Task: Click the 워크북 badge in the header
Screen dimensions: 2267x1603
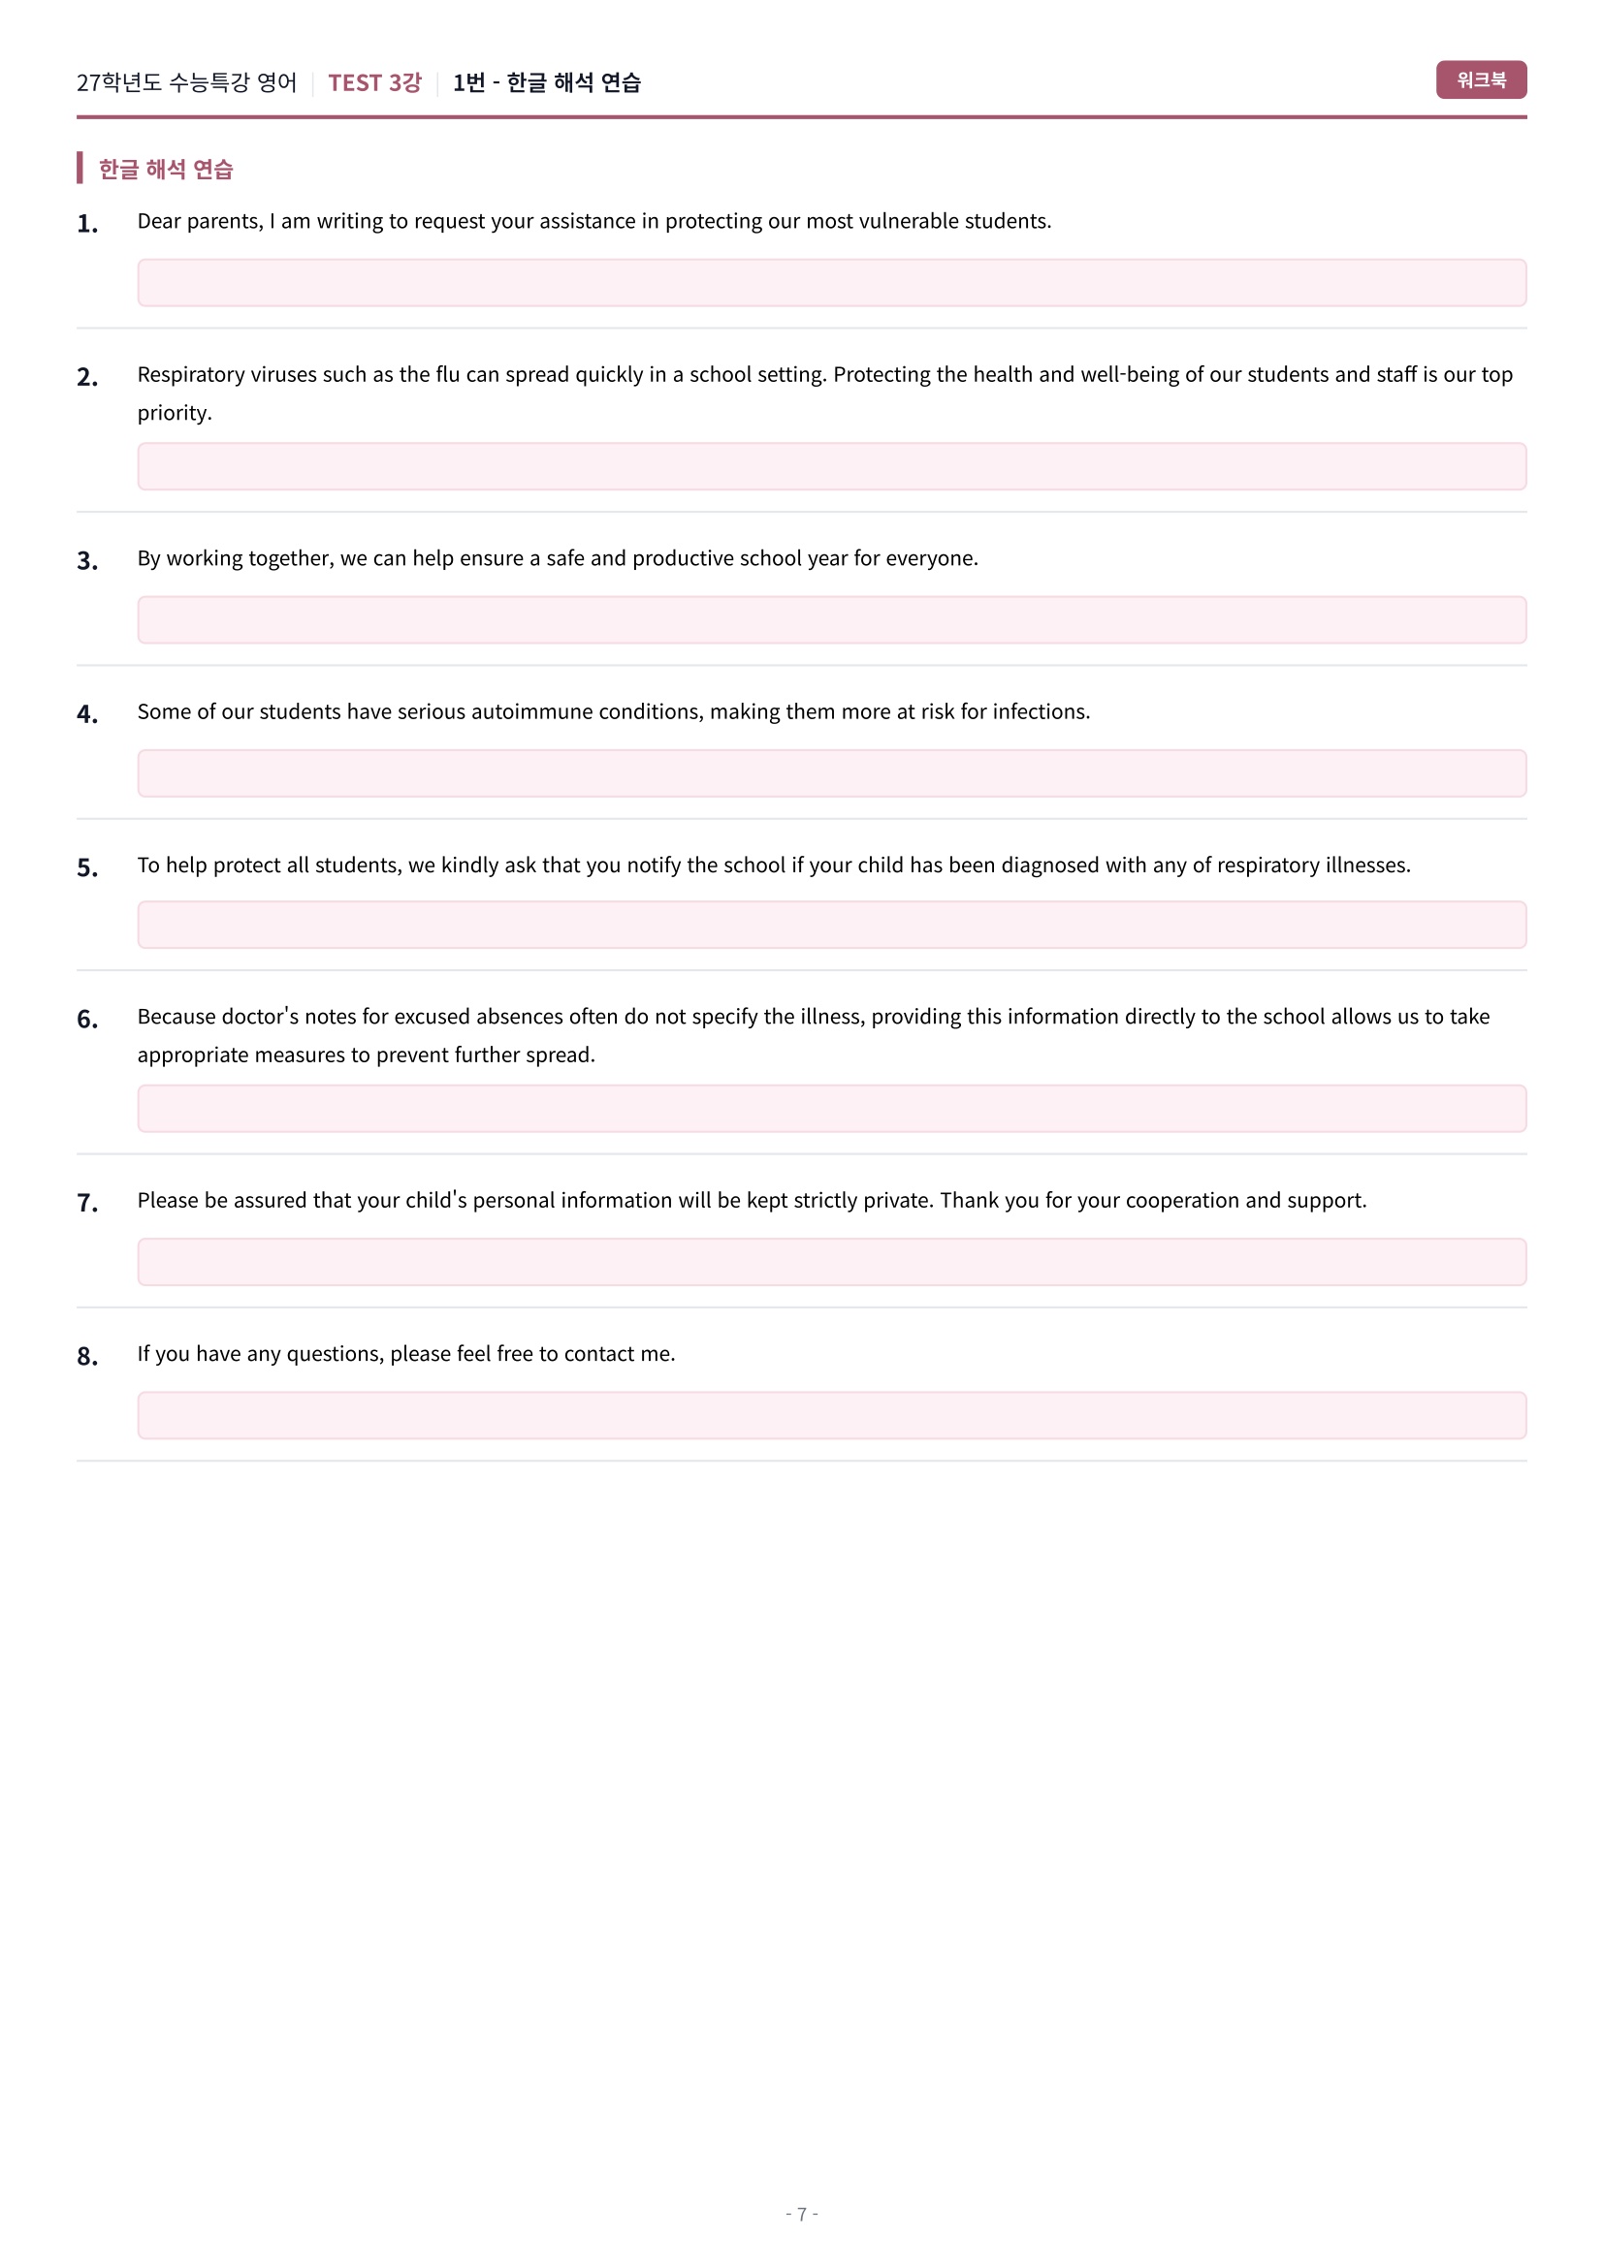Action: pyautogui.click(x=1480, y=80)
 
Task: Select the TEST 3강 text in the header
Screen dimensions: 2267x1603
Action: pyautogui.click(x=374, y=83)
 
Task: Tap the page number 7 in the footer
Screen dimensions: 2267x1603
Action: pyautogui.click(x=801, y=2214)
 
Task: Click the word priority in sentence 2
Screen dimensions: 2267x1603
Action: pyautogui.click(x=173, y=414)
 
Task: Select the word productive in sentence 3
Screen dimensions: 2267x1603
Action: pyautogui.click(x=689, y=559)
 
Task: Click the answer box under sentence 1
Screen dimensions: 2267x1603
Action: pyautogui.click(x=831, y=283)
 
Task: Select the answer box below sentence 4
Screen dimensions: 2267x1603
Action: pyautogui.click(x=831, y=773)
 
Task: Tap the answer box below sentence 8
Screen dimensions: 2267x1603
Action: pyautogui.click(x=831, y=1415)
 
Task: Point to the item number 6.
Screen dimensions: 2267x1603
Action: pyautogui.click(x=87, y=1019)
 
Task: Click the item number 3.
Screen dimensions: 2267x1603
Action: pyautogui.click(x=87, y=561)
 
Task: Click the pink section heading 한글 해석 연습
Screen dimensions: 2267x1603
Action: pyautogui.click(x=165, y=170)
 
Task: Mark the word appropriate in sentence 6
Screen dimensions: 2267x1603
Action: pyautogui.click(x=193, y=1055)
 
